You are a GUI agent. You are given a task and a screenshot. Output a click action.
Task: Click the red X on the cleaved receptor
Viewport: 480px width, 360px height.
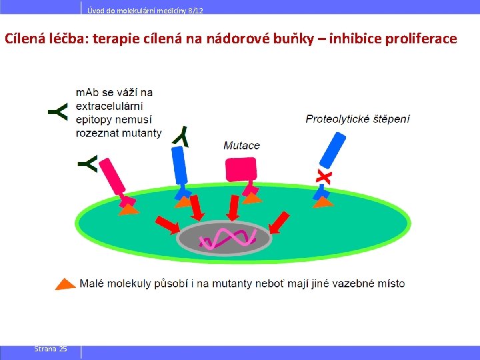coord(323,177)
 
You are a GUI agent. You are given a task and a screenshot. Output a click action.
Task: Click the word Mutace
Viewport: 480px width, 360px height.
coord(241,145)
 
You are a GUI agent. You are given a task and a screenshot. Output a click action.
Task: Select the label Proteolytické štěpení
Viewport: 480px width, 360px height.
coord(357,119)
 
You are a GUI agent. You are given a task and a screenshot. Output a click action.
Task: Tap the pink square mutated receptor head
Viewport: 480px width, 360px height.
coord(240,169)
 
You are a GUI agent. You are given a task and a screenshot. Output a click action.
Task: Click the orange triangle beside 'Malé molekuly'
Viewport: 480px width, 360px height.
coord(65,283)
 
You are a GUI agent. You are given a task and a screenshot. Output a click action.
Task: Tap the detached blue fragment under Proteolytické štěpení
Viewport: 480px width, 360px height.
coord(332,151)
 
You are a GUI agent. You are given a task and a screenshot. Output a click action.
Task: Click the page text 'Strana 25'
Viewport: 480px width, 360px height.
coord(51,349)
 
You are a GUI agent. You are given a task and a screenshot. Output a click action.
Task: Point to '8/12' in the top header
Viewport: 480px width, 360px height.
coord(194,9)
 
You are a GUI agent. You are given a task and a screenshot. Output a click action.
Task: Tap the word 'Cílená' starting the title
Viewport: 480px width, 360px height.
coord(25,38)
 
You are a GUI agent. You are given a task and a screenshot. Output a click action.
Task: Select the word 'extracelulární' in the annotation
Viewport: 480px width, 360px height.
coord(109,106)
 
